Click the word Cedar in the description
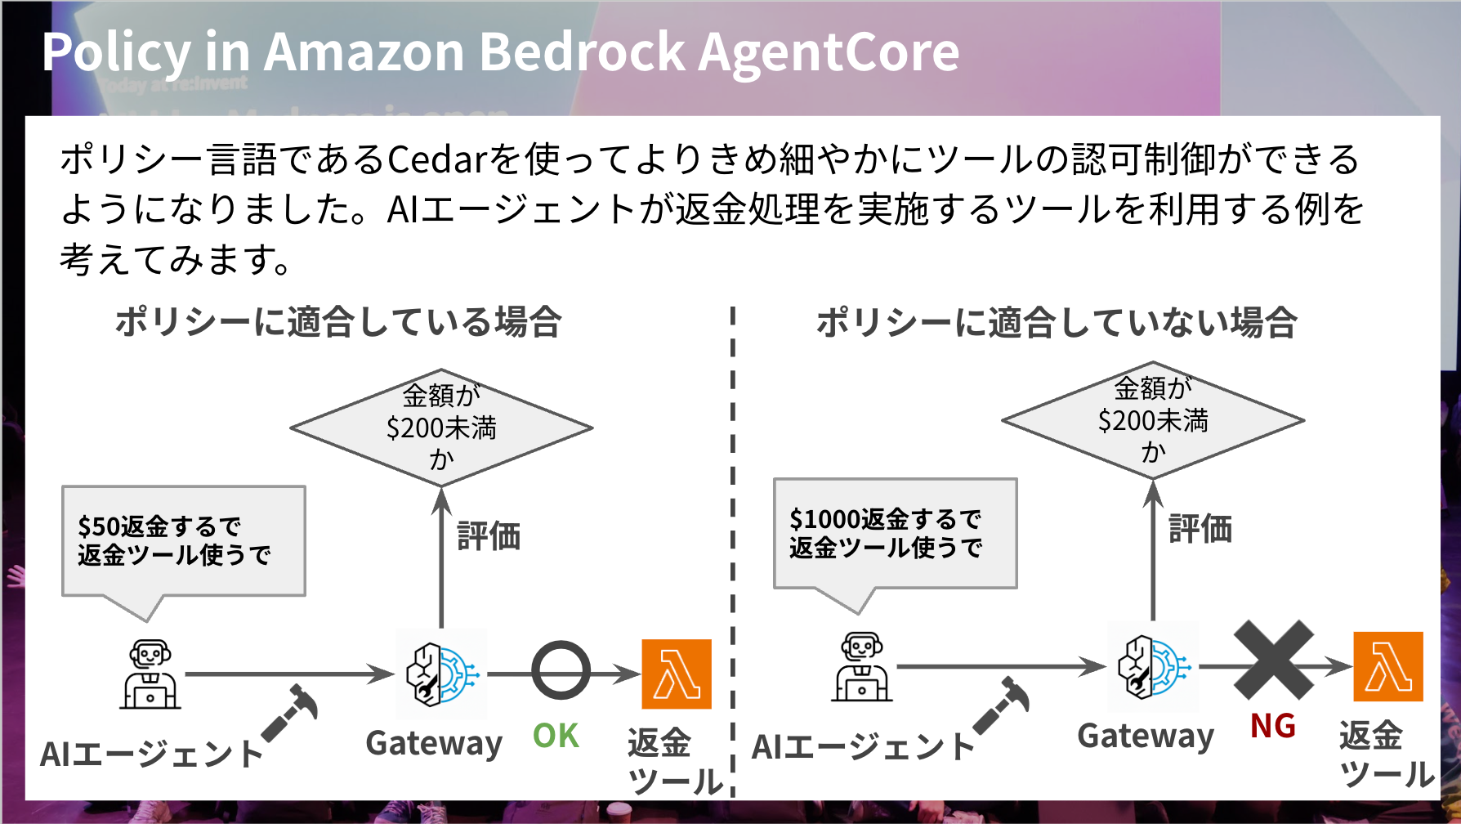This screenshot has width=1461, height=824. (437, 159)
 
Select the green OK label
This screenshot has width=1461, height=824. (556, 736)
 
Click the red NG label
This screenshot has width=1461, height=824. (1272, 726)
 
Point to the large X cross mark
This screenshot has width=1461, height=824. (1273, 660)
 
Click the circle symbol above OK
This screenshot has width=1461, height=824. (561, 670)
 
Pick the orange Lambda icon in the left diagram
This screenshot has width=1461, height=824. (677, 674)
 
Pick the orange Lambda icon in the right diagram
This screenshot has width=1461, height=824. (1388, 666)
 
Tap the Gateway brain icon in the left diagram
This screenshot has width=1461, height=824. (441, 674)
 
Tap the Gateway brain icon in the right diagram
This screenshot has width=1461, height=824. (1153, 666)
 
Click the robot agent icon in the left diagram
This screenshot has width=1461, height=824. (150, 674)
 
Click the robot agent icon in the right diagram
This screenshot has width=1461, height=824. (862, 667)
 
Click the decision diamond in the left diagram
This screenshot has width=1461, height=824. (441, 428)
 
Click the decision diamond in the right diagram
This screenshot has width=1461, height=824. (1153, 420)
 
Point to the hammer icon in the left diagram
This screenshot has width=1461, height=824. (291, 711)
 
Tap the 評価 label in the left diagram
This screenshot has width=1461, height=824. (489, 536)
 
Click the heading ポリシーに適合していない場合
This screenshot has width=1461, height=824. (1057, 322)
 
